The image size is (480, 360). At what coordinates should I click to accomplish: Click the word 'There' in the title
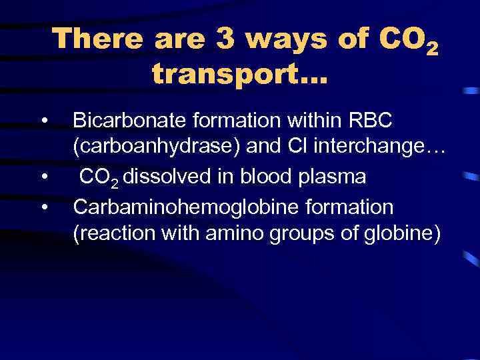tap(98, 39)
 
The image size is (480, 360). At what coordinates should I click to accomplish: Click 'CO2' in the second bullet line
tap(100, 179)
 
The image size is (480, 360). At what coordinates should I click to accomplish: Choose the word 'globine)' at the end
tap(404, 236)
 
